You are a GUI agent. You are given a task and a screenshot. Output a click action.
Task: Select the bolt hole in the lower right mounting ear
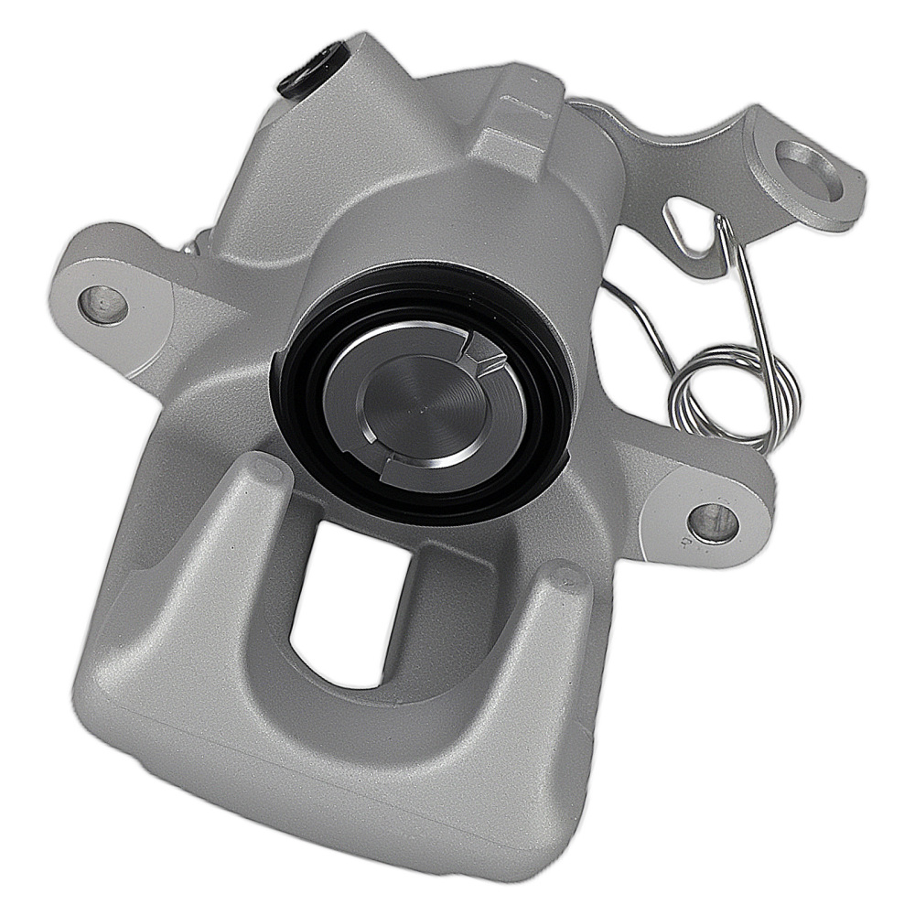coord(710,519)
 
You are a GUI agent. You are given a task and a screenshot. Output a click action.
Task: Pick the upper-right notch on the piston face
coord(482,355)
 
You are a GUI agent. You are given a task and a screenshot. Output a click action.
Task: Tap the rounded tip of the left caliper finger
coord(266,476)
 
